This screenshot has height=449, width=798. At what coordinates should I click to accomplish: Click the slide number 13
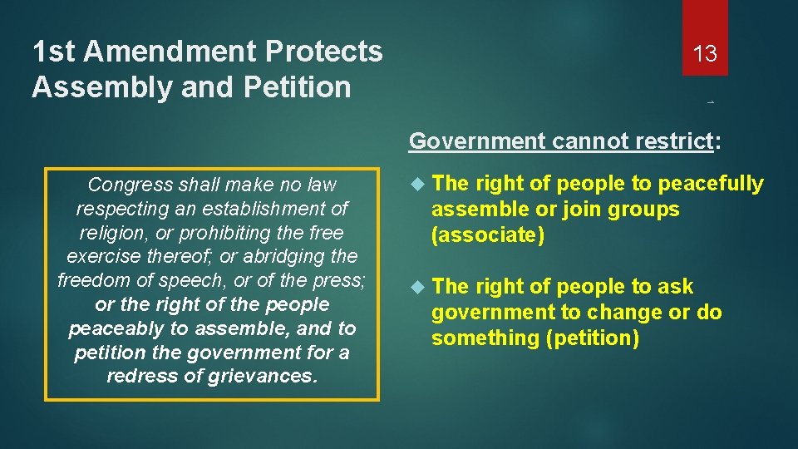[x=705, y=54]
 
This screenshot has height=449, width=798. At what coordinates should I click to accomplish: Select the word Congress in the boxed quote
[x=125, y=184]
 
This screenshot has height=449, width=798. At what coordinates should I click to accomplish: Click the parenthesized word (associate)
[x=487, y=235]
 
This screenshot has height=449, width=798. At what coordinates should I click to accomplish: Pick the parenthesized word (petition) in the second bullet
[x=591, y=338]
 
